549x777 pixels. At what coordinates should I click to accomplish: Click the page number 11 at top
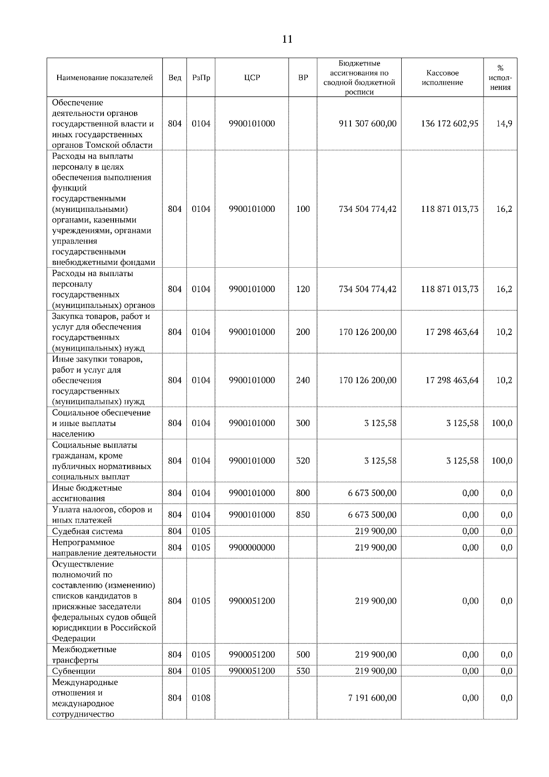tap(287, 39)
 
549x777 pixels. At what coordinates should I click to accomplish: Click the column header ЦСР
tap(252, 78)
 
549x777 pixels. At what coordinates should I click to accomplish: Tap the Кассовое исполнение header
tap(442, 78)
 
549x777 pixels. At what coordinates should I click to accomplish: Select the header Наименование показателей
tap(105, 78)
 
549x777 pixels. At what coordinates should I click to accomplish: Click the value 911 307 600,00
tap(367, 124)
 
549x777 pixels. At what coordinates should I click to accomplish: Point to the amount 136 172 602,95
tap(450, 124)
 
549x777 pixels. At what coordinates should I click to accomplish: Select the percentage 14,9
tap(504, 124)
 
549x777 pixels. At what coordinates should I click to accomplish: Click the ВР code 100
tap(303, 209)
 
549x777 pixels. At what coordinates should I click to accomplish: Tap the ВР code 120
tap(303, 289)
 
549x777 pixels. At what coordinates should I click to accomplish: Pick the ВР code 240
tap(303, 380)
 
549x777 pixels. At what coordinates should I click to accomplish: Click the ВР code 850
tap(303, 515)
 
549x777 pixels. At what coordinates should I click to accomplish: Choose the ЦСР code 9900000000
tap(252, 548)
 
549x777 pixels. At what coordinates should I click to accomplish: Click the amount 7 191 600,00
tap(372, 698)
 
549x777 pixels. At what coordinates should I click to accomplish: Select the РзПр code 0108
tap(201, 698)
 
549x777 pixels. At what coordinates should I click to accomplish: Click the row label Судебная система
tap(87, 531)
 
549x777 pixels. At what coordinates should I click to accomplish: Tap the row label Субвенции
tap(74, 671)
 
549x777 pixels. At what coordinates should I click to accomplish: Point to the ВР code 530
tap(303, 671)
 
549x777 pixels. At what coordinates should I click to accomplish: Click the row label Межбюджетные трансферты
tap(84, 655)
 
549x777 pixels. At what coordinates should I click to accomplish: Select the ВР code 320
tap(303, 461)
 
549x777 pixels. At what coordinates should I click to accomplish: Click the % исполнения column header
tap(500, 78)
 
